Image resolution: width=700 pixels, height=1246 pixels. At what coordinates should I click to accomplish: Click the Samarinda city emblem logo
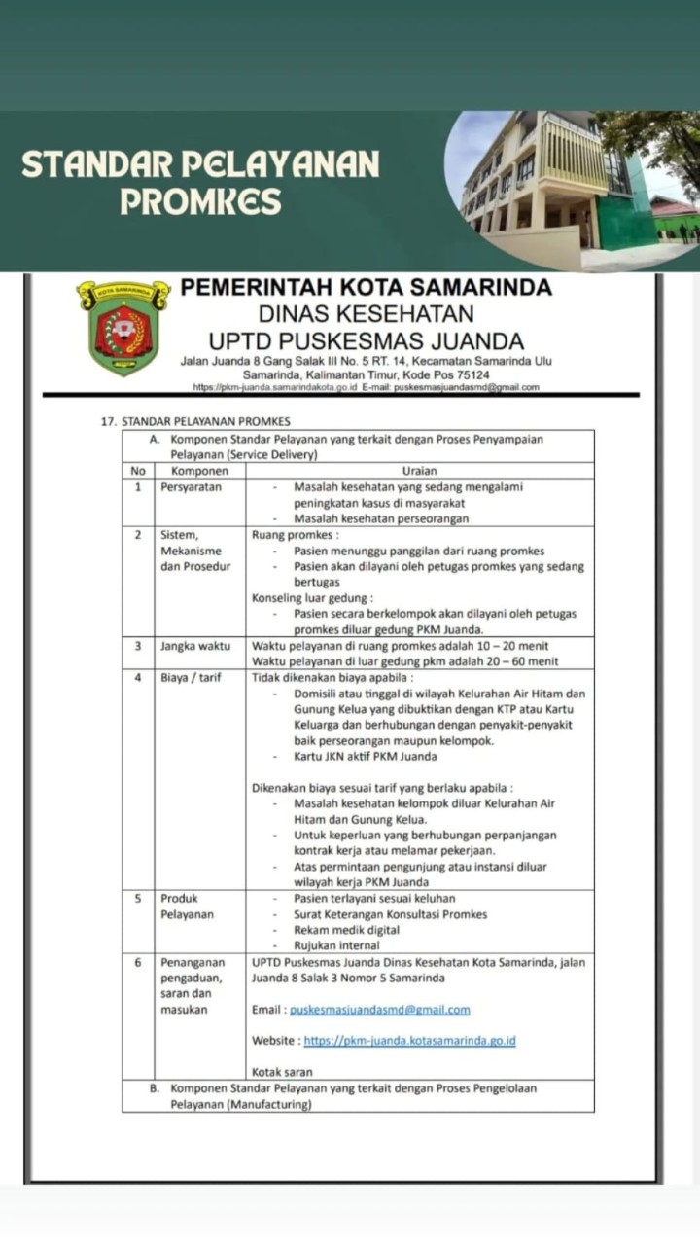123,328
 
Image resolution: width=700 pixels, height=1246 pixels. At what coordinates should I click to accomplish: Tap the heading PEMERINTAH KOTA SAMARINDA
367,287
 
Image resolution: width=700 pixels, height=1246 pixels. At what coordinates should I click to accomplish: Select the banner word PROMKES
200,201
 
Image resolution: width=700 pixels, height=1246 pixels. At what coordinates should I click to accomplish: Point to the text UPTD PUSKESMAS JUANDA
367,340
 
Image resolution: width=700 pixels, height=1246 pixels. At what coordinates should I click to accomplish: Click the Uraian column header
419,470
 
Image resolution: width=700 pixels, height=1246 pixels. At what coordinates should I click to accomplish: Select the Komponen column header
192,470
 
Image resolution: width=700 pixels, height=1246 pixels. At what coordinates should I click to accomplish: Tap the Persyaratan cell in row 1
192,487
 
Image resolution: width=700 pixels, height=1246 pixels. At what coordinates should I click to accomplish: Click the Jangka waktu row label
195,645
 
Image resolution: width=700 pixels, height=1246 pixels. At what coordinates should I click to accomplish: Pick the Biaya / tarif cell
191,678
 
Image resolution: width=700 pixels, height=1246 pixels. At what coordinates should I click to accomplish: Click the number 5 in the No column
138,898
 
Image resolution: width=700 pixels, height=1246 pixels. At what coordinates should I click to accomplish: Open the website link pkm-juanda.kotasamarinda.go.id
409,1041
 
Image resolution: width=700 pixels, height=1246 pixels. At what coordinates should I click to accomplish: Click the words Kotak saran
280,1072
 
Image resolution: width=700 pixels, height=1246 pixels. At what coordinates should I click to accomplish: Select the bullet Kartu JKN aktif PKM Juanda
365,756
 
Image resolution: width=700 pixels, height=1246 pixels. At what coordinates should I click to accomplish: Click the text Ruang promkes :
296,535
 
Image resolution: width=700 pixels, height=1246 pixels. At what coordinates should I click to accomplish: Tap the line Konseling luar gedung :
312,598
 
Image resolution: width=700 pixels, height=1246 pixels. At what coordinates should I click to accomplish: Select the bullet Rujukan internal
336,945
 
